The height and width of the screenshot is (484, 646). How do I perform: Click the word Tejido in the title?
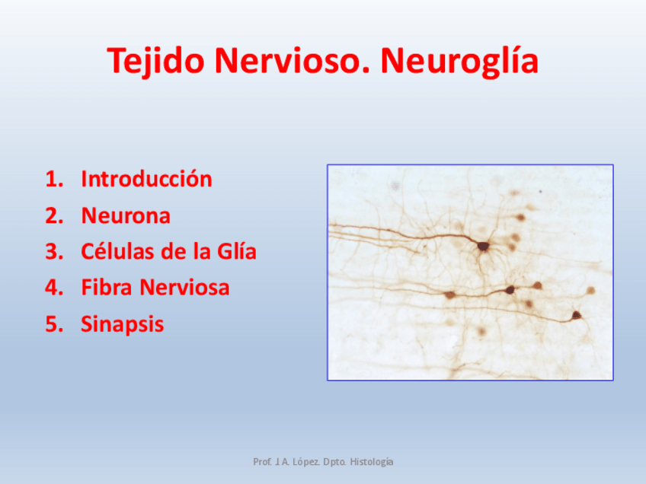(x=157, y=61)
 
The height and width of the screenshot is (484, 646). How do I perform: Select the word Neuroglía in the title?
(x=460, y=61)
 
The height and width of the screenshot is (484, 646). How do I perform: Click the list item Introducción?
(x=146, y=180)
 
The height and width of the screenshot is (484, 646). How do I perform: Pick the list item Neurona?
(x=126, y=216)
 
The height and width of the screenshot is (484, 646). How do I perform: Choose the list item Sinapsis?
(x=122, y=324)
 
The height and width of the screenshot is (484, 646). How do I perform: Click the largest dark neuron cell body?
(x=483, y=246)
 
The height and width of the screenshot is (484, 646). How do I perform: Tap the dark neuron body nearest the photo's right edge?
(x=577, y=314)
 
